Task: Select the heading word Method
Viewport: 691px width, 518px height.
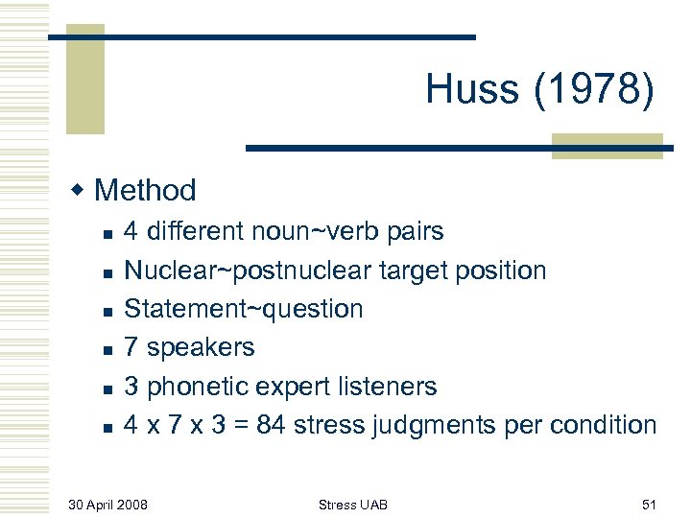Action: pyautogui.click(x=146, y=190)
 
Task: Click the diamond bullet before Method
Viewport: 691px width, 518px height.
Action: pyautogui.click(x=81, y=189)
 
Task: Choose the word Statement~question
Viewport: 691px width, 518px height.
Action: pyautogui.click(x=244, y=309)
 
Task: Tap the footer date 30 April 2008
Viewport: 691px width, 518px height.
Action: pyautogui.click(x=108, y=505)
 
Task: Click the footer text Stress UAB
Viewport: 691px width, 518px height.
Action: pyautogui.click(x=353, y=505)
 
